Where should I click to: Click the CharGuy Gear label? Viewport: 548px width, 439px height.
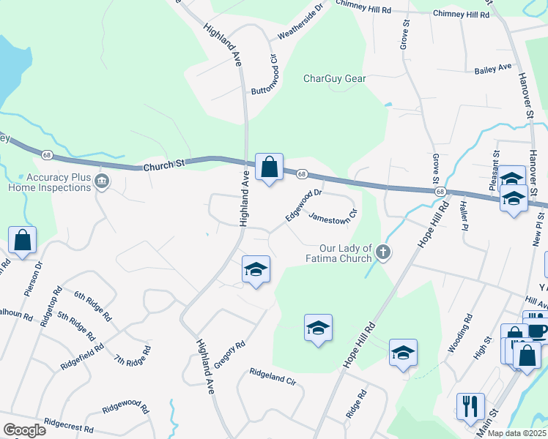click(335, 78)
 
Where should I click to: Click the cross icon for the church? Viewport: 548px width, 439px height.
click(382, 253)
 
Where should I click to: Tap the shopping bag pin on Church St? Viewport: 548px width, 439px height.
click(269, 168)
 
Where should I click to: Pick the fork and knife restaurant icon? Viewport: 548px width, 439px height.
click(470, 405)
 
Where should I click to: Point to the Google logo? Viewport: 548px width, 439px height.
click(24, 430)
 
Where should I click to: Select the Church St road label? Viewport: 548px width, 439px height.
click(161, 166)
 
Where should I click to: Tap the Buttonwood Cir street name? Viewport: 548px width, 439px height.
click(265, 75)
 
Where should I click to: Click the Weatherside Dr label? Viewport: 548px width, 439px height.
click(299, 23)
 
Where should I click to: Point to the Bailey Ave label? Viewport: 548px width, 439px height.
click(493, 67)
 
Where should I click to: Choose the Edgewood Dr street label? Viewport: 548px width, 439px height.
click(304, 204)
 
